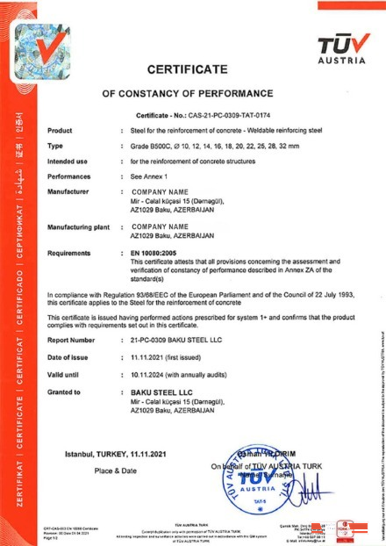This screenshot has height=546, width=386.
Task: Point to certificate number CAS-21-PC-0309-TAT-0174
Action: (224, 116)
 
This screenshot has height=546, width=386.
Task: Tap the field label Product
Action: (59, 129)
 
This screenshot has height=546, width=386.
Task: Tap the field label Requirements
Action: (70, 252)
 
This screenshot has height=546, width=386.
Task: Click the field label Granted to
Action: (66, 392)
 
